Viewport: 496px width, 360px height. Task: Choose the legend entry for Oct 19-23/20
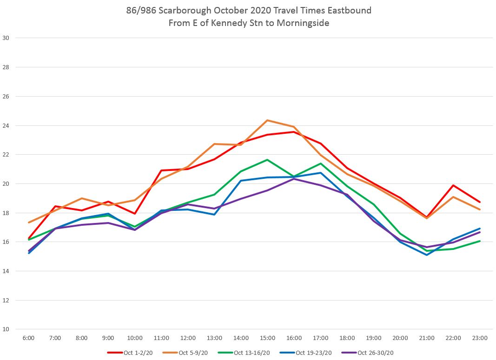tap(314, 353)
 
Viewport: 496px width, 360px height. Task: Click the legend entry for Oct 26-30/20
tap(375, 353)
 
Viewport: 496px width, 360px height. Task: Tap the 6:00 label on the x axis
tap(28, 338)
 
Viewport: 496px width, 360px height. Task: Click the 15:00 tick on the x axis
tap(267, 338)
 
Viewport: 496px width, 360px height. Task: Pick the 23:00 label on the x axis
tap(480, 338)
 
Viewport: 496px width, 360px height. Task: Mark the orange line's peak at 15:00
tap(267, 120)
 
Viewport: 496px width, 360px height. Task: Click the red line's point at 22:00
tap(453, 185)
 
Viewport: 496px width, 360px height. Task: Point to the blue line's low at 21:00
tap(427, 255)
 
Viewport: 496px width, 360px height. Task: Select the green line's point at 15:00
tap(267, 160)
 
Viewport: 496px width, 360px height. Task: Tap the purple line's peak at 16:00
tap(294, 179)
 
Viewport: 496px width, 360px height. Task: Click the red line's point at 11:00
tap(161, 170)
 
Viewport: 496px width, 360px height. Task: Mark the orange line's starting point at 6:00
tap(28, 223)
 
